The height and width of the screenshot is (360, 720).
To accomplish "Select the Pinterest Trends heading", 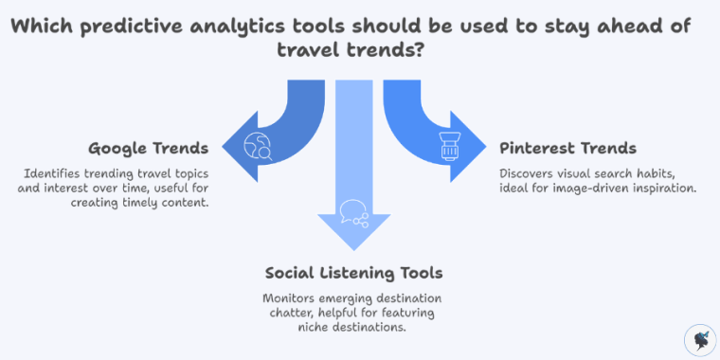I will [x=567, y=149].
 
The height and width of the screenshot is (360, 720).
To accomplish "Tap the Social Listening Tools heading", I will [x=353, y=274].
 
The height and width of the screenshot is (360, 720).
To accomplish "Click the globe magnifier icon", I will [x=258, y=146].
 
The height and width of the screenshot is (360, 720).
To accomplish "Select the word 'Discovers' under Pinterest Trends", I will [x=531, y=173].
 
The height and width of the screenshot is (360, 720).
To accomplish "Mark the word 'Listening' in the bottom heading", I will [x=357, y=274].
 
